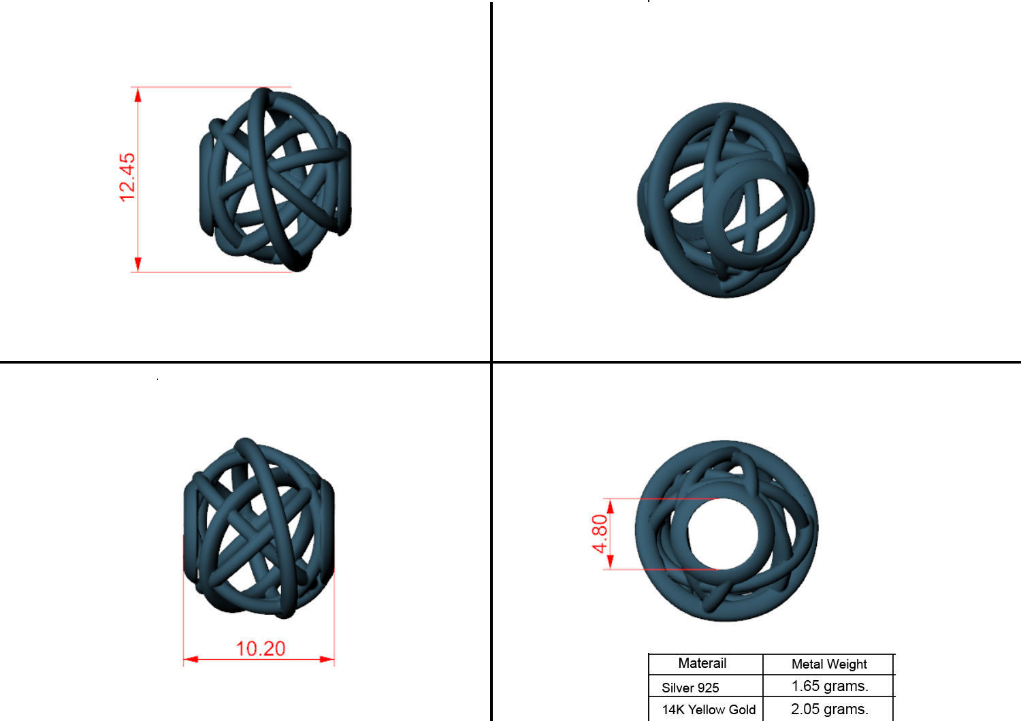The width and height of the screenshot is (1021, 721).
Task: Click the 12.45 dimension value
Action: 127,177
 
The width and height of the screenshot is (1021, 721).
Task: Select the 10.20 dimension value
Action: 260,648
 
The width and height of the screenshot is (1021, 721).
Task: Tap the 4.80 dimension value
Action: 599,533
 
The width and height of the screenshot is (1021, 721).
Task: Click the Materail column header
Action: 702,663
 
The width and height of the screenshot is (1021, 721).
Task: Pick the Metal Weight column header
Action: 829,664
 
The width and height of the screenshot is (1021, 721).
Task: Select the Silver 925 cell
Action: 690,687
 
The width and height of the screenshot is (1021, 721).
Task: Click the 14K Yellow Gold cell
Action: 709,709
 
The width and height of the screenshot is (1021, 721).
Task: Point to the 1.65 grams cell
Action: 829,686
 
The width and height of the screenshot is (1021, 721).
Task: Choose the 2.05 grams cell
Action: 829,709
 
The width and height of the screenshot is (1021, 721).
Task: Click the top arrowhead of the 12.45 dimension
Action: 138,94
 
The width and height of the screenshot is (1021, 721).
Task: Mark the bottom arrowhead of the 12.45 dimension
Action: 138,265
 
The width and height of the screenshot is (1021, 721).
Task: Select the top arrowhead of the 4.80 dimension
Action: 610,506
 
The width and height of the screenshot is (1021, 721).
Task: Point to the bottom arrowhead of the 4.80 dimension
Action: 610,562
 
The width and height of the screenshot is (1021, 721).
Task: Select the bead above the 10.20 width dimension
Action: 259,528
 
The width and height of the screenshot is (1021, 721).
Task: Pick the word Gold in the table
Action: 741,709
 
